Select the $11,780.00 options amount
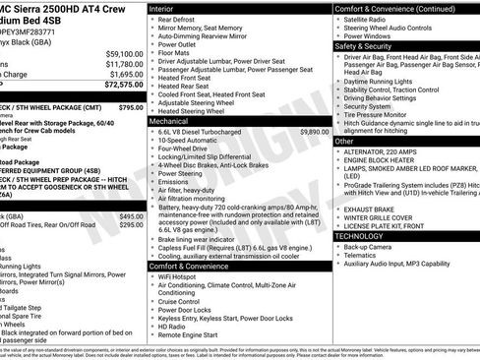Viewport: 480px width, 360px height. [124, 64]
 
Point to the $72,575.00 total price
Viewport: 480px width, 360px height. [122, 87]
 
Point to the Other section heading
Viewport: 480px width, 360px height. [345, 142]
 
